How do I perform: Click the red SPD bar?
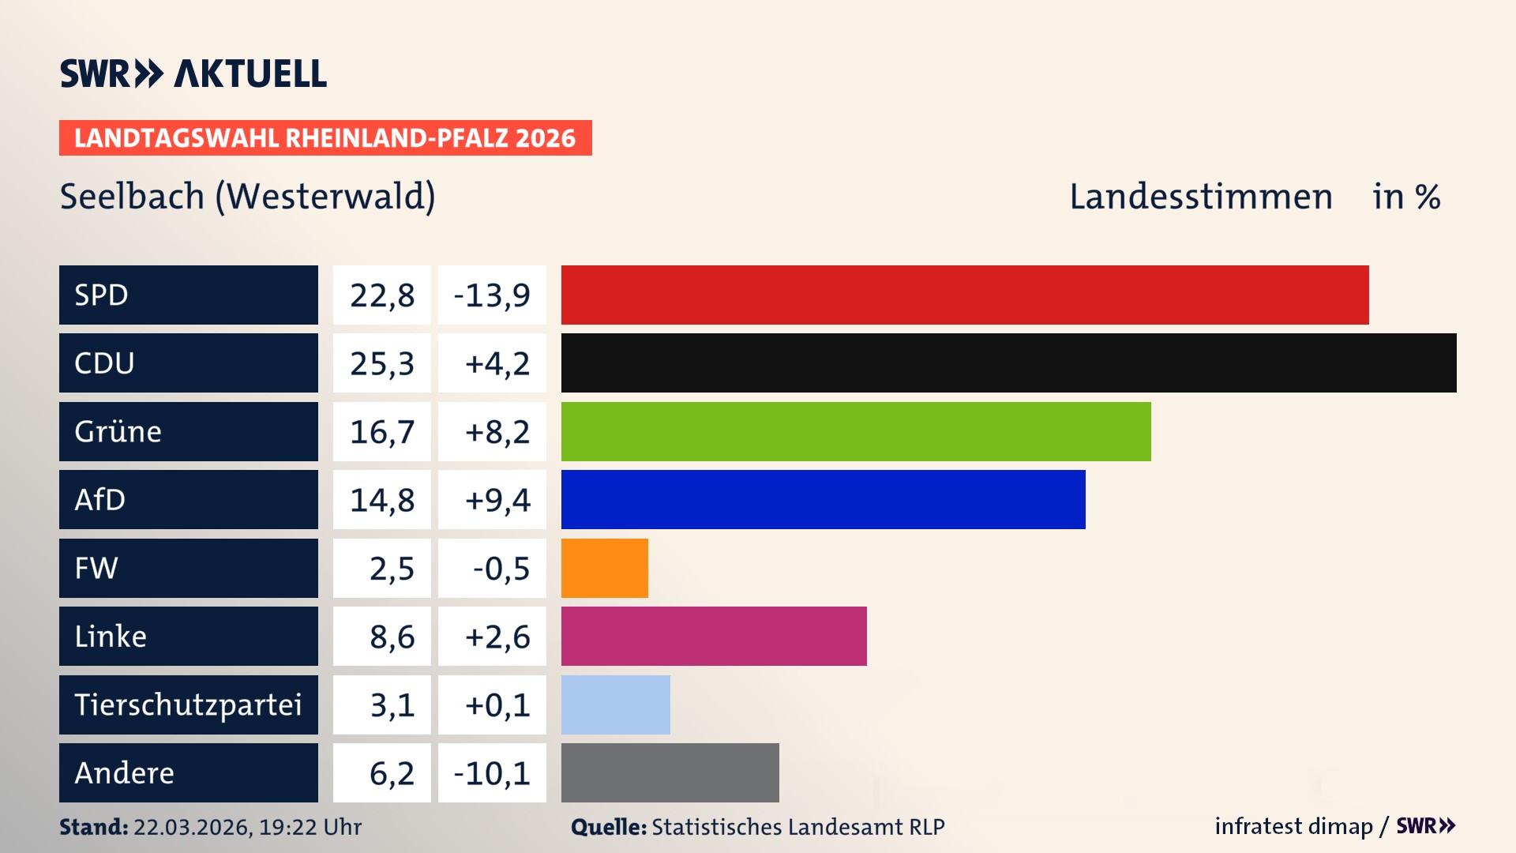965,295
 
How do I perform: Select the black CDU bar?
1008,363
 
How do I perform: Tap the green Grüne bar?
856,431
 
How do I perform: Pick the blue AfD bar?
823,499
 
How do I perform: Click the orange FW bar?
604,568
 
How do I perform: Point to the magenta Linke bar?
714,636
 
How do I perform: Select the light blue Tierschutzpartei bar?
615,705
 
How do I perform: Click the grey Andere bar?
670,772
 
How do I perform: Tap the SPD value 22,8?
382,295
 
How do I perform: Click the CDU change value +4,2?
497,363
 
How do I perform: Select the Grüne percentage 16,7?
382,432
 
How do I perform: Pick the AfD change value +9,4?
497,500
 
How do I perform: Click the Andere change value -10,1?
492,773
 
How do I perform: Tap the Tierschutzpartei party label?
188,705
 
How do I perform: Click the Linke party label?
111,636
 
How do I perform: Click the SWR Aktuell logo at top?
193,73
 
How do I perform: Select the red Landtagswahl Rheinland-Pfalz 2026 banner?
325,138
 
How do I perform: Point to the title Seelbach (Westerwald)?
247,196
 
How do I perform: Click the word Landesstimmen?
1200,196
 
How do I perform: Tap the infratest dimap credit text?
1293,826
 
